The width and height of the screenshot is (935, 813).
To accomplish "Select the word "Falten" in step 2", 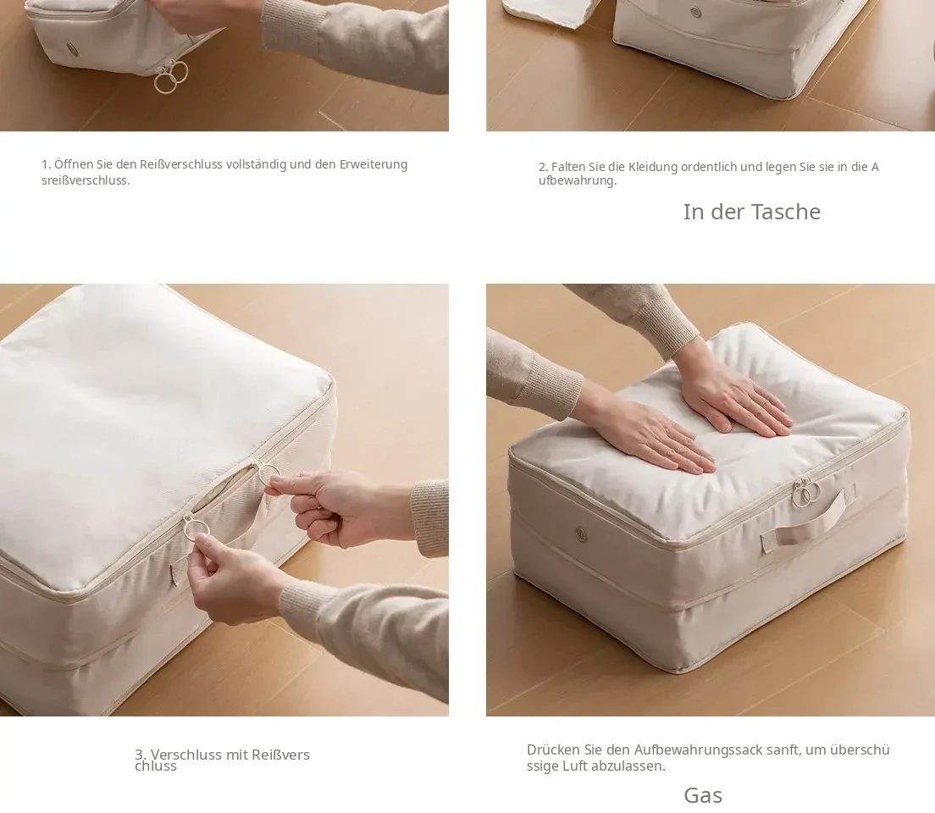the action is [568, 167].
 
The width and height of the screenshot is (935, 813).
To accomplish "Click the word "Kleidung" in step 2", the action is [653, 167].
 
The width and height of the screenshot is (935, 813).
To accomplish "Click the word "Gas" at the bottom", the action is [703, 795].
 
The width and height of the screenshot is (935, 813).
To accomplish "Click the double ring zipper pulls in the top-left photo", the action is [170, 76].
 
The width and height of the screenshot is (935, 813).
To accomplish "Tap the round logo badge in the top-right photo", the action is [696, 12].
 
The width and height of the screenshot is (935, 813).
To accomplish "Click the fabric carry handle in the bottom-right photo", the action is [809, 522].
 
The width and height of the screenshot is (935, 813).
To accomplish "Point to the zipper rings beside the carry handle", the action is [806, 493].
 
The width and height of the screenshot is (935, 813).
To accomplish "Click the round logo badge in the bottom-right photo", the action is [581, 534].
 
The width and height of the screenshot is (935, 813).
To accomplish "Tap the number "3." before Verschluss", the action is [141, 755].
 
